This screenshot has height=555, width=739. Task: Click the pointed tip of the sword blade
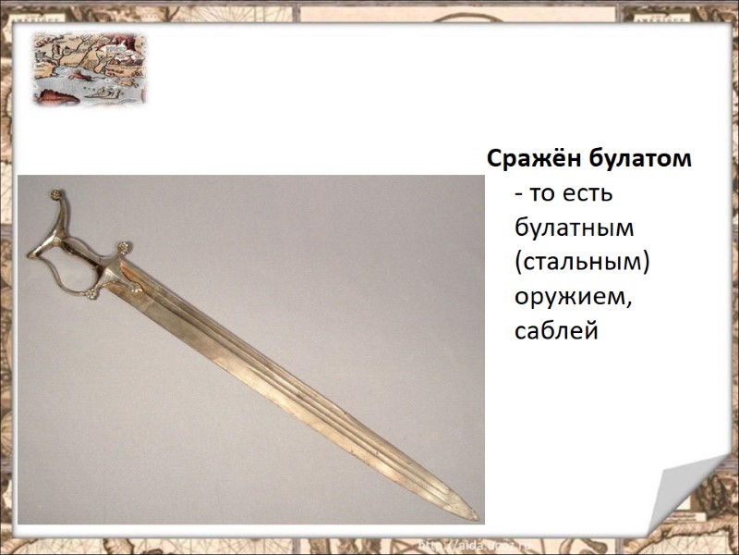tap(478, 514)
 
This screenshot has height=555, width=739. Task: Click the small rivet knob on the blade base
tap(137, 290)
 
